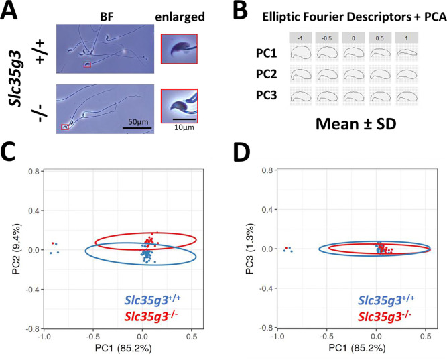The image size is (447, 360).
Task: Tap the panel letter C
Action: pyautogui.click(x=13, y=152)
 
